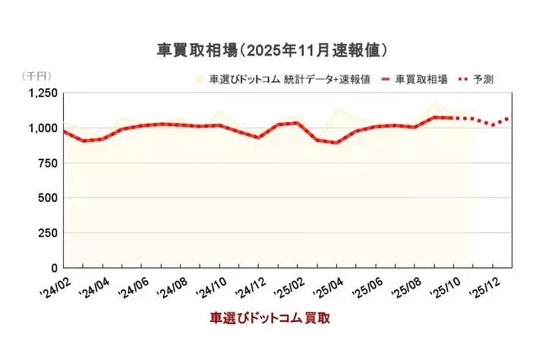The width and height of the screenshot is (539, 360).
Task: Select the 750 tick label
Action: (47, 163)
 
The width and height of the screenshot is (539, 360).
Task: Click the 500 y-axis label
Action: (47, 197)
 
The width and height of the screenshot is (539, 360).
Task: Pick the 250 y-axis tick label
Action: (47, 232)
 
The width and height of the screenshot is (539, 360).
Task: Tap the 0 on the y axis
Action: (54, 267)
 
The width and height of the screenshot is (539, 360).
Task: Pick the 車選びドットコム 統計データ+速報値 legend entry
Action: (289, 79)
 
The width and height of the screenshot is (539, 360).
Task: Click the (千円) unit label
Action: (35, 76)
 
